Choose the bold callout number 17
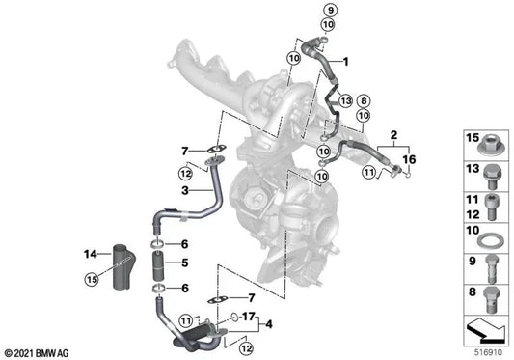point(247,316)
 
